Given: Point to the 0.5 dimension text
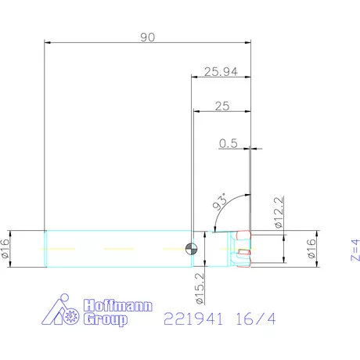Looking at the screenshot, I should point(229,142).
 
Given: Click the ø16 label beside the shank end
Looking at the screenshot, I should point(5,249).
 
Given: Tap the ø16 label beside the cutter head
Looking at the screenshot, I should point(311,249).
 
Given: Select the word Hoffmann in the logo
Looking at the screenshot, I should point(117,306).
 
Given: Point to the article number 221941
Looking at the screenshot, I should point(192,319).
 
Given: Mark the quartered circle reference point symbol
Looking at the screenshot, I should point(190,249).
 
